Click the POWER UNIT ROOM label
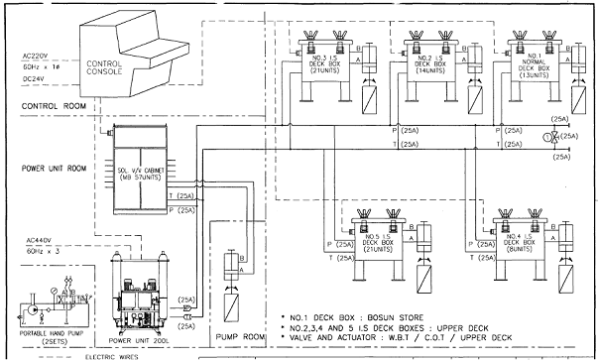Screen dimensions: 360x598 pyautogui.click(x=48, y=167)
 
